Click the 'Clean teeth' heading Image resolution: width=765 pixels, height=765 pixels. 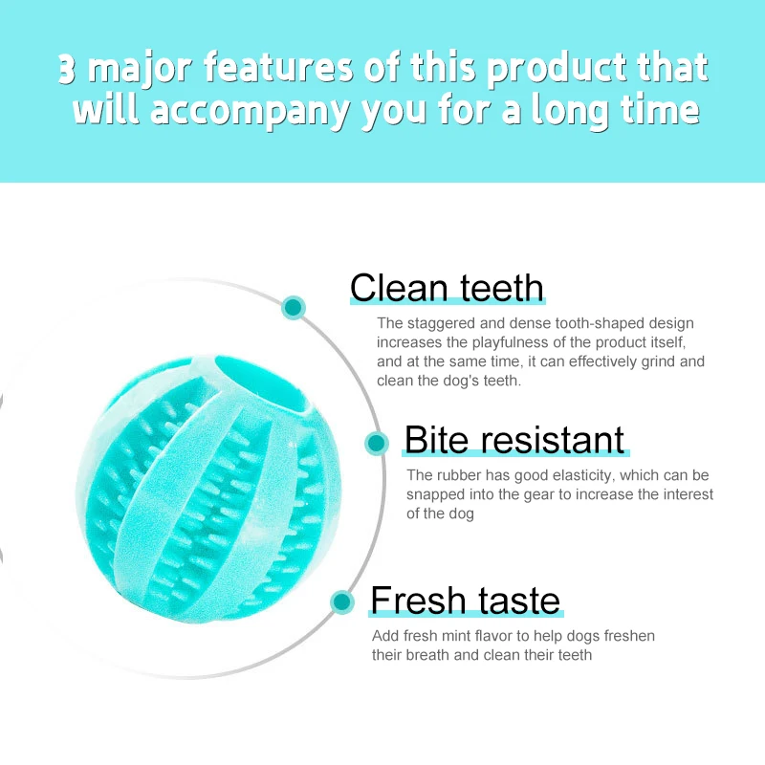pyautogui.click(x=447, y=288)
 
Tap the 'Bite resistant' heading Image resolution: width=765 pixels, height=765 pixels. pyautogui.click(x=514, y=440)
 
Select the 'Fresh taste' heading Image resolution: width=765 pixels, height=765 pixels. pyautogui.click(x=466, y=601)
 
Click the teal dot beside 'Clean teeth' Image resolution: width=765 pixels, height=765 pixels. pyautogui.click(x=294, y=308)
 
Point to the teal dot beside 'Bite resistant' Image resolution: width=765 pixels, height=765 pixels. pyautogui.click(x=376, y=443)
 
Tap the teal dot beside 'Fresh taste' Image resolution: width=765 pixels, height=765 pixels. pyautogui.click(x=342, y=601)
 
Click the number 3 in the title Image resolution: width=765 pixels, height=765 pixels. pyautogui.click(x=67, y=68)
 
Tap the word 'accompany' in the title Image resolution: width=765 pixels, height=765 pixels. pyautogui.click(x=250, y=112)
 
